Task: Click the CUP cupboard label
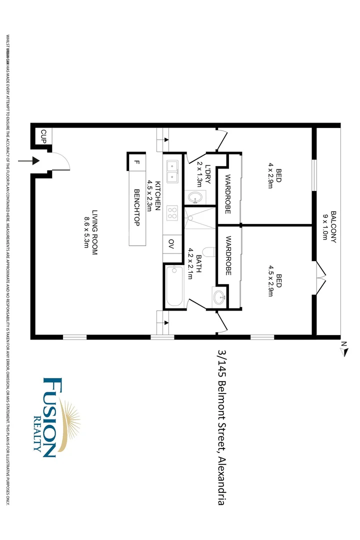43,135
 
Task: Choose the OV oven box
171,244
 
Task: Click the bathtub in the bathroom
174,285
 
